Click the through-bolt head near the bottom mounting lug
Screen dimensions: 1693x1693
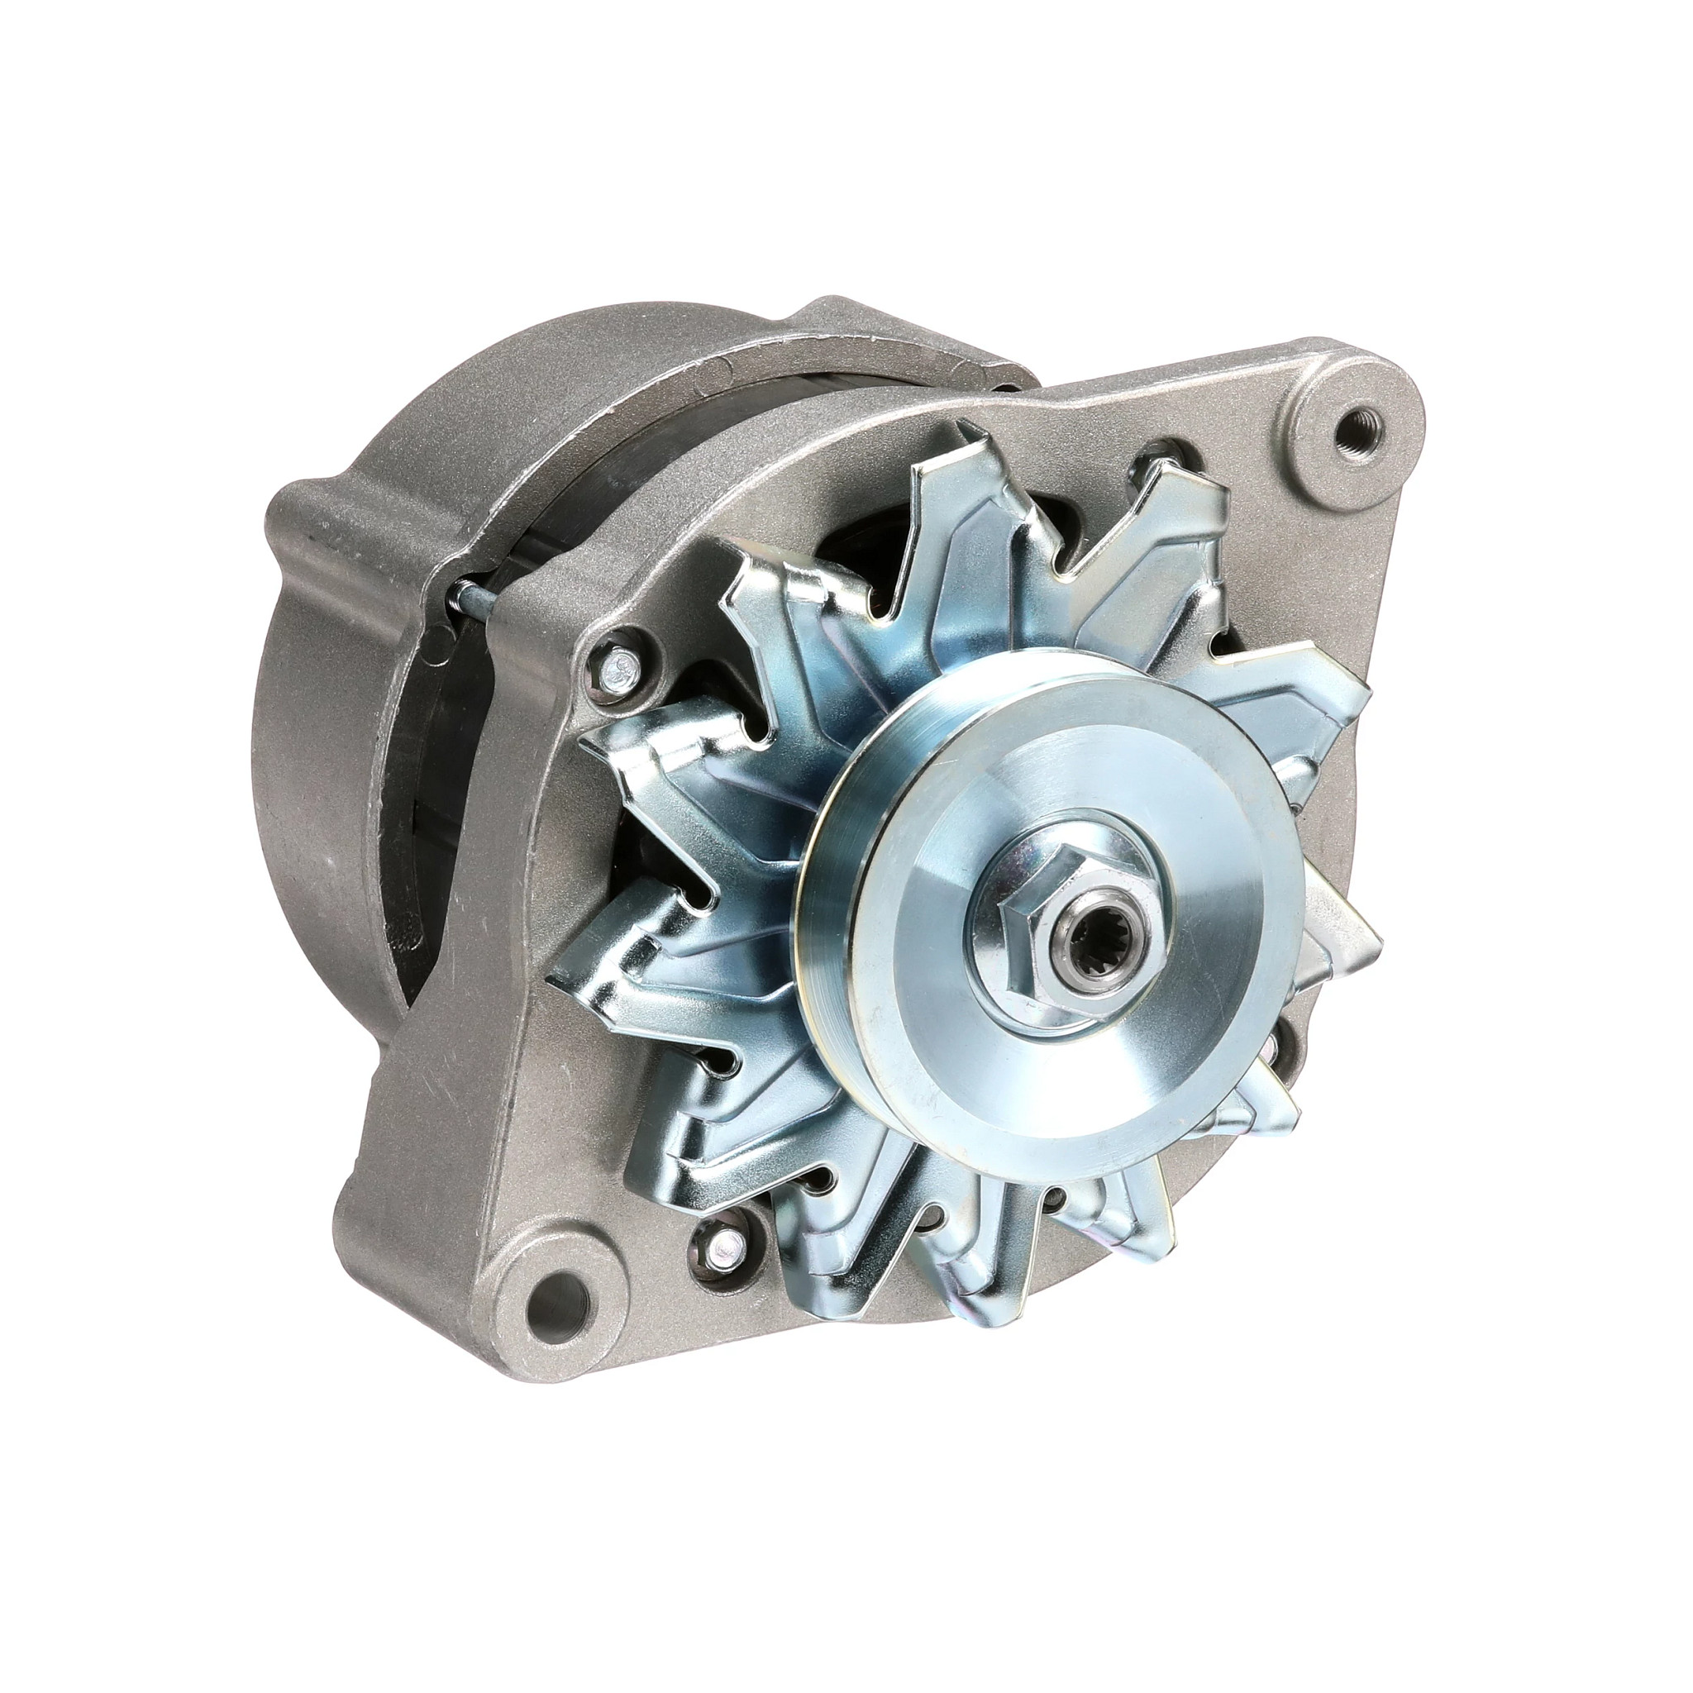pos(725,1242)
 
